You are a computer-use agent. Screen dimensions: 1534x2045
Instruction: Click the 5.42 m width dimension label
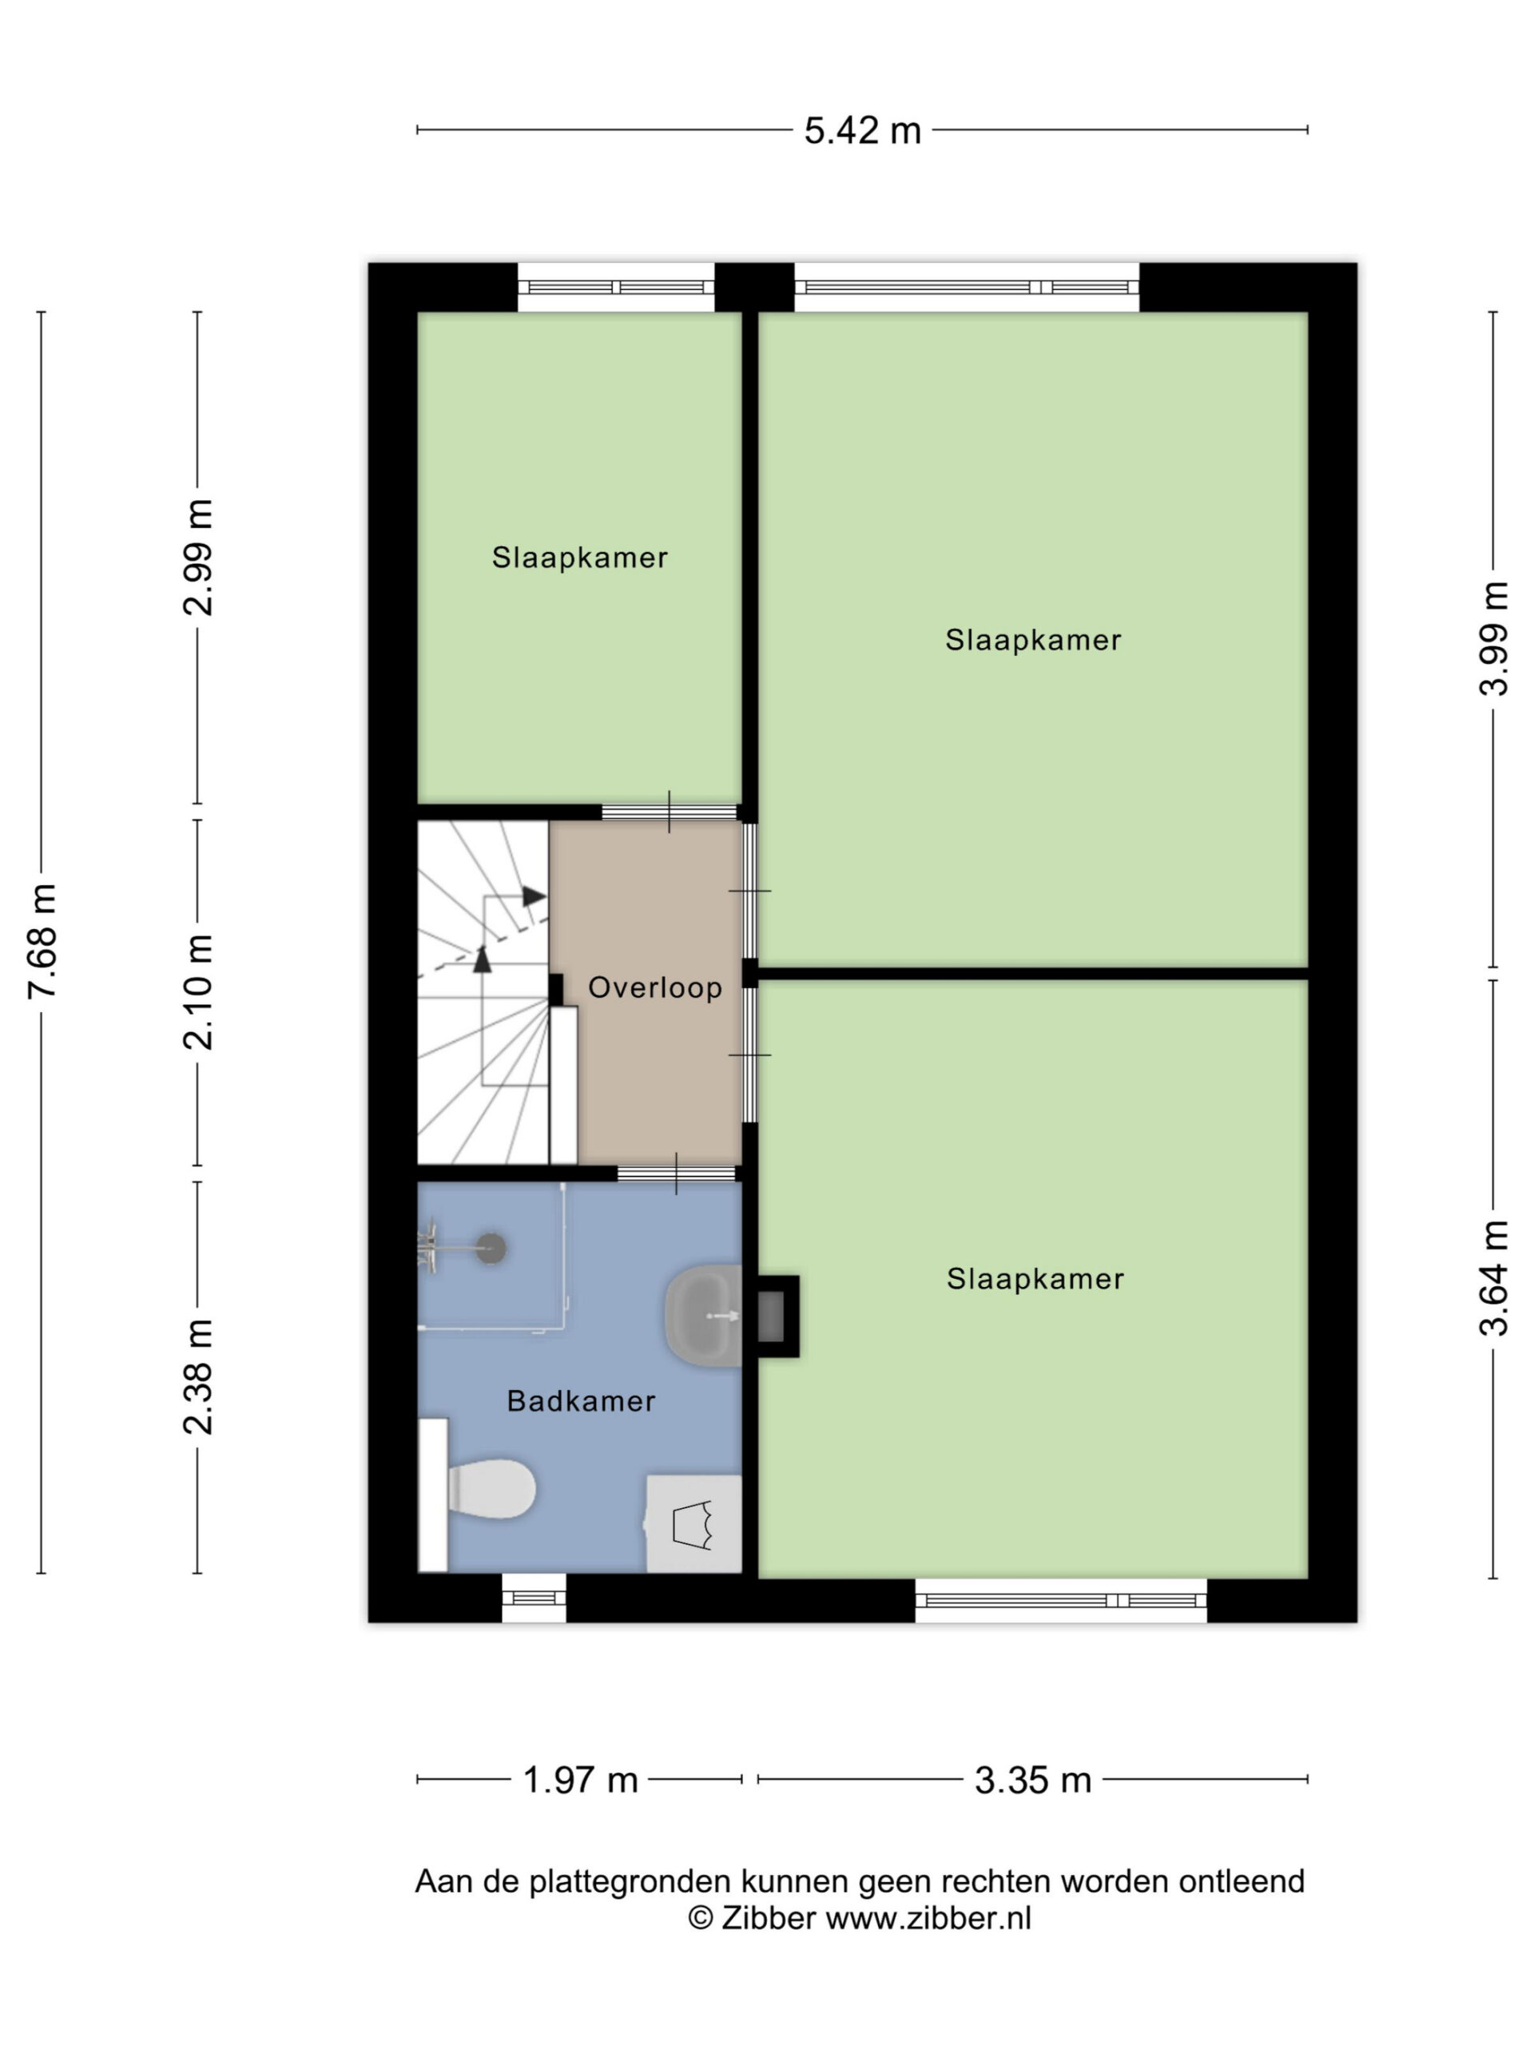coord(862,130)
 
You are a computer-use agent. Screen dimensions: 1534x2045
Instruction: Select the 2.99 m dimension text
coord(198,557)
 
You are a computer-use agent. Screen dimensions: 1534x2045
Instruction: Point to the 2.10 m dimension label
coord(198,991)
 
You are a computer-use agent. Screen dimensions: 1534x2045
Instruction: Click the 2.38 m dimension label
coord(198,1376)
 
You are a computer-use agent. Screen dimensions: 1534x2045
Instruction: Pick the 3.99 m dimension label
coord(1493,639)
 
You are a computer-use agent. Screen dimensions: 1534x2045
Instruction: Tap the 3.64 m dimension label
coord(1493,1279)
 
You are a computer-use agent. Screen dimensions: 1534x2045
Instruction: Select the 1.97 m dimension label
coord(581,1780)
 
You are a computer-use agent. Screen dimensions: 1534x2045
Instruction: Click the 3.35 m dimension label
coord(1033,1780)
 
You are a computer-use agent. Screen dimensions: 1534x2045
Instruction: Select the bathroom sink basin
coord(704,1315)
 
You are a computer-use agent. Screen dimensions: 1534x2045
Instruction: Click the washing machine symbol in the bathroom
coord(693,1523)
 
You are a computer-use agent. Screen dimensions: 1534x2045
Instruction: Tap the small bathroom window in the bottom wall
coord(534,1598)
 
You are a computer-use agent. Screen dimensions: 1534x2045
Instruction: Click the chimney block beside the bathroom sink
coord(777,1316)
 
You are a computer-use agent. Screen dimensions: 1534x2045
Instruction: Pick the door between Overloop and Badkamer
coord(677,1174)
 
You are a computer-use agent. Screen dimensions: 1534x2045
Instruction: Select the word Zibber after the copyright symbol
coord(769,1918)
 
